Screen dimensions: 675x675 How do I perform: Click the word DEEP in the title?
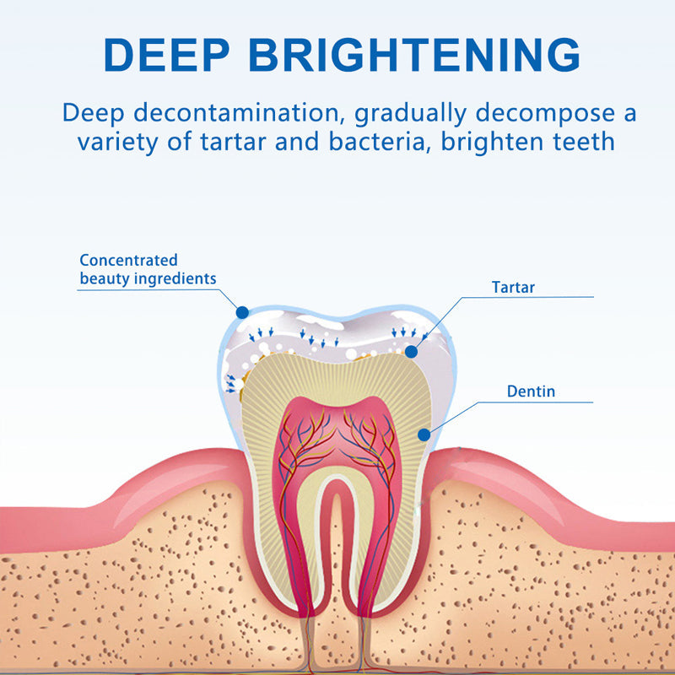click(x=167, y=55)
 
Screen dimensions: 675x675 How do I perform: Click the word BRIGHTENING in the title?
click(x=414, y=55)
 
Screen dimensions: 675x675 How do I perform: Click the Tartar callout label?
click(x=513, y=288)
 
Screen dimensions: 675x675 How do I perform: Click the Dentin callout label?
click(x=531, y=391)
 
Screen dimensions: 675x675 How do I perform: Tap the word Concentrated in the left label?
click(x=128, y=260)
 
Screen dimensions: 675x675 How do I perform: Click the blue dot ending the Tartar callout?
click(x=411, y=351)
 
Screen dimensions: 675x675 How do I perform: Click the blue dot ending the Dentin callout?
click(x=424, y=435)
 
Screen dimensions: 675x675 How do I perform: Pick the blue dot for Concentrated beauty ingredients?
click(x=242, y=312)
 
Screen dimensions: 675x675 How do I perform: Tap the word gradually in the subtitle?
click(x=407, y=113)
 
